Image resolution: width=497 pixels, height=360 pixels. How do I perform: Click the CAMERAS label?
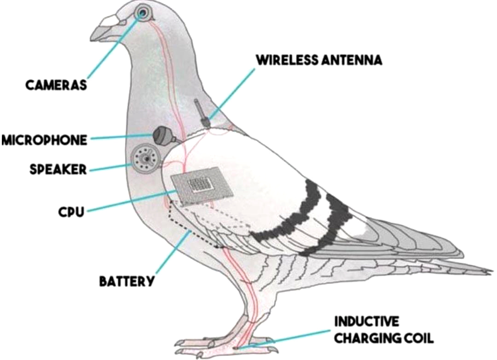click(x=56, y=85)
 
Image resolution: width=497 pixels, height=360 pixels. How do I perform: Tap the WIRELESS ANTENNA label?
click(x=319, y=60)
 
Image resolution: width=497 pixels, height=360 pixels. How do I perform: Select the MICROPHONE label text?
click(x=44, y=140)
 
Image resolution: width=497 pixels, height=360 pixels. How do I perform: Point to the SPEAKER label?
click(x=58, y=169)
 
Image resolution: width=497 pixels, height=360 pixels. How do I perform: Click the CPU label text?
click(x=71, y=211)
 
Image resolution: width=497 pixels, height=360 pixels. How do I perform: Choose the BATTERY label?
click(x=127, y=281)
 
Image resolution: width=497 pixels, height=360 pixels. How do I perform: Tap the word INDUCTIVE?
click(x=367, y=321)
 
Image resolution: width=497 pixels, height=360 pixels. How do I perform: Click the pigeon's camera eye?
click(x=143, y=13)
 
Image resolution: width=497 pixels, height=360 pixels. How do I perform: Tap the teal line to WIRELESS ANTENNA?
click(x=232, y=95)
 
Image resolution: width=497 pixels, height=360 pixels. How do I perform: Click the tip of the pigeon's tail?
click(x=491, y=271)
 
